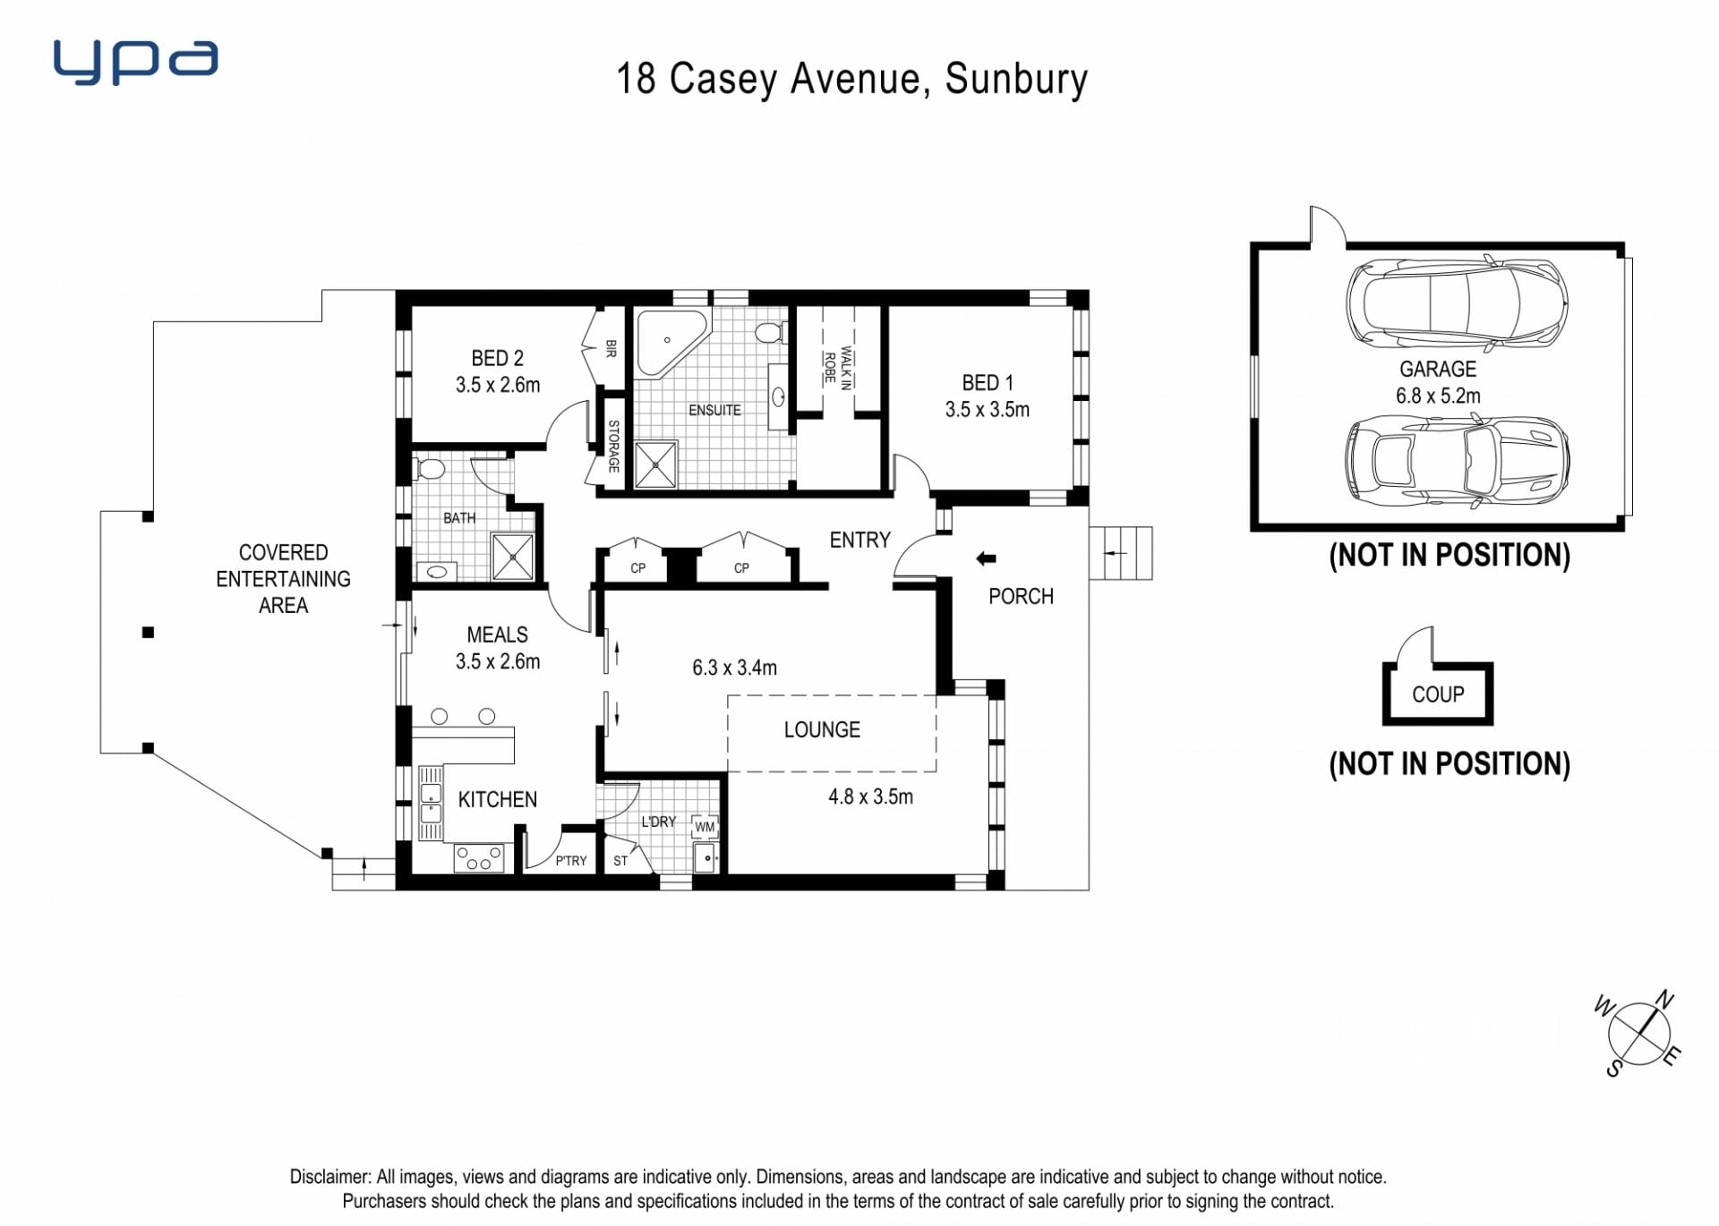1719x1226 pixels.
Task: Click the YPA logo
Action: pyautogui.click(x=135, y=62)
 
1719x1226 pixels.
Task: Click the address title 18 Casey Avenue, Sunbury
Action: pyautogui.click(x=851, y=79)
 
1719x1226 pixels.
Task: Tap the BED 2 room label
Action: pyautogui.click(x=497, y=358)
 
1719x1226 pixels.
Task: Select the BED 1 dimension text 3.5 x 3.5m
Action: pyautogui.click(x=987, y=410)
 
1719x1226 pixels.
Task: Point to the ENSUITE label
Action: pyautogui.click(x=714, y=410)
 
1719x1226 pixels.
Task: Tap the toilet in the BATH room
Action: pyautogui.click(x=431, y=468)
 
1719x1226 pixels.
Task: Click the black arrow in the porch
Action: pyautogui.click(x=986, y=559)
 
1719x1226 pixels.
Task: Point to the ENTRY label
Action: pyautogui.click(x=859, y=540)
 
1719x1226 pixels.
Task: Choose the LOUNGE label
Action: pyautogui.click(x=822, y=729)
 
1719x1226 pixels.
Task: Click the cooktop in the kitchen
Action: pyautogui.click(x=479, y=858)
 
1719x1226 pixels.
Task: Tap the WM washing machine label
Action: pyautogui.click(x=705, y=827)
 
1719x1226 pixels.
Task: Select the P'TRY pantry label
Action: pyautogui.click(x=571, y=861)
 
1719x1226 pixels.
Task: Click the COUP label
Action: pyautogui.click(x=1438, y=694)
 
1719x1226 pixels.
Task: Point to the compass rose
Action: pyautogui.click(x=1639, y=1034)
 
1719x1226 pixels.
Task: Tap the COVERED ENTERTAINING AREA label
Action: pyautogui.click(x=283, y=579)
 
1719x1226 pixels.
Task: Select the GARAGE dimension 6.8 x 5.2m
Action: pyautogui.click(x=1438, y=396)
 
